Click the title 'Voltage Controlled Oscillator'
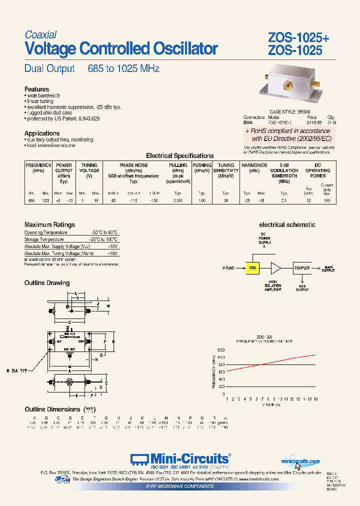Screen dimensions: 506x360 click(121, 49)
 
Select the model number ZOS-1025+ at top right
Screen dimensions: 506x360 click(298, 38)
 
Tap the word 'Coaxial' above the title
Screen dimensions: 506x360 click(40, 34)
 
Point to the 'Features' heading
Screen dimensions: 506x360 click(36, 89)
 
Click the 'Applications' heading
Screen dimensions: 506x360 click(42, 133)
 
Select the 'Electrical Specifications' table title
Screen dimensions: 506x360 click(179, 155)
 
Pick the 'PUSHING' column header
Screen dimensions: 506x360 click(202, 165)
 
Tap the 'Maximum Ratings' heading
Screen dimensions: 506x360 click(49, 225)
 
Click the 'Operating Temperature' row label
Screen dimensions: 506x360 click(45, 232)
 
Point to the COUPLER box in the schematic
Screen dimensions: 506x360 click(301, 268)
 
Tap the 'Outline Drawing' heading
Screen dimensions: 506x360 click(47, 283)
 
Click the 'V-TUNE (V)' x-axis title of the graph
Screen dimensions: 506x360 click(271, 404)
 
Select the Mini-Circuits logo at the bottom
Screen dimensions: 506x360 click(180, 459)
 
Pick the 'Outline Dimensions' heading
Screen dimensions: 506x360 click(53, 409)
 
